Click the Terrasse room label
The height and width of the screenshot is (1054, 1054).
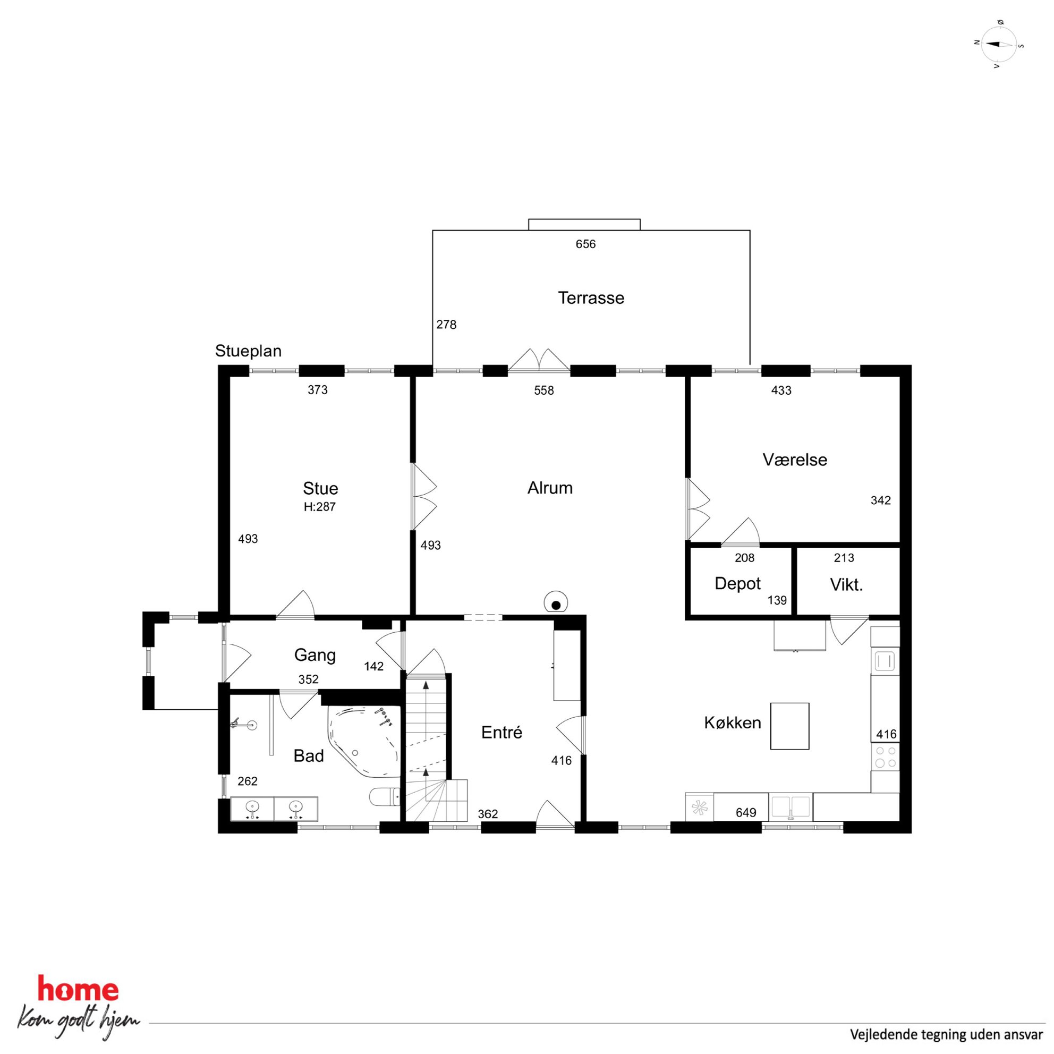[591, 298]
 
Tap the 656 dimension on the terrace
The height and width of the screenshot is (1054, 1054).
[585, 244]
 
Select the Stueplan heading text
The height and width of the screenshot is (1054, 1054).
[248, 351]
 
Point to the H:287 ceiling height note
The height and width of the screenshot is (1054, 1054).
[320, 507]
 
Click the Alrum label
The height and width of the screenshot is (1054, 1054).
[550, 488]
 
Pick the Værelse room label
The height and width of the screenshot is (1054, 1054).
[794, 460]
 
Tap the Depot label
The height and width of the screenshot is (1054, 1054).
[737, 584]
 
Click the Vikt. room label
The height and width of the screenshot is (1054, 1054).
[846, 585]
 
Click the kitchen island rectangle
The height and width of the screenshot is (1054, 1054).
[789, 726]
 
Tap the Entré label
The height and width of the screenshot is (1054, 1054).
[501, 732]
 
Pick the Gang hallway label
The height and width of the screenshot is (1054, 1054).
[315, 655]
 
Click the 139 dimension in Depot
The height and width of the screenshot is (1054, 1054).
[777, 600]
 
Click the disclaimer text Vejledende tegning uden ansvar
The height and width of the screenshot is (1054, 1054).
[946, 1034]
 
